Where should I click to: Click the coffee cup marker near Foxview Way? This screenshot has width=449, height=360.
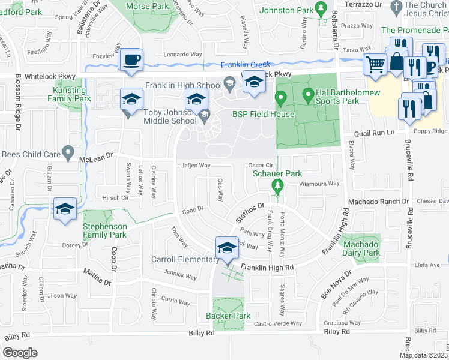[131, 60]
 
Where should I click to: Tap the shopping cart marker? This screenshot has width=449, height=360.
[376, 62]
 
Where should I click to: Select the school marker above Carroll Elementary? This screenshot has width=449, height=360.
[227, 248]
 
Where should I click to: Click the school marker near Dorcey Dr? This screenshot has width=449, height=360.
[65, 209]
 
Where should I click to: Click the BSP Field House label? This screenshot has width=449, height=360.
[264, 114]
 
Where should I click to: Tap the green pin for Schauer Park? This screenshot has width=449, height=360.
[277, 185]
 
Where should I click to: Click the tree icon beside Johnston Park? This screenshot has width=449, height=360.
[321, 8]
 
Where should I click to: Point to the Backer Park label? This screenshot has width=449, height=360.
[228, 316]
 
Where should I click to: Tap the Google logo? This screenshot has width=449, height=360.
[20, 352]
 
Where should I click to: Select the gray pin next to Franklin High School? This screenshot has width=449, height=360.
[229, 82]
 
